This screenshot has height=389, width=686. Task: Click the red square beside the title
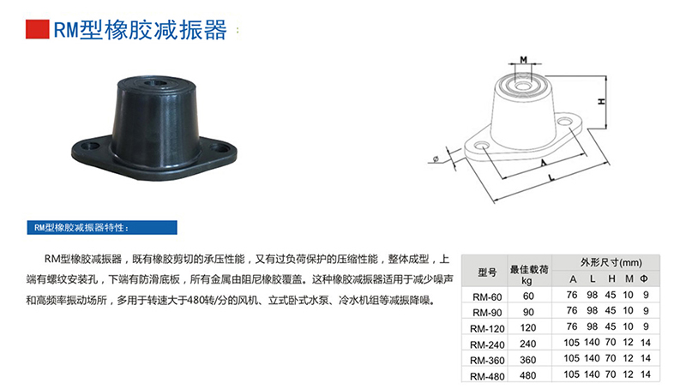pyautogui.click(x=37, y=31)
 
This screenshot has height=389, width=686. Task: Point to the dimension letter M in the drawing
pyautogui.click(x=523, y=60)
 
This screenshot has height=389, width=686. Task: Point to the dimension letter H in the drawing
pyautogui.click(x=602, y=101)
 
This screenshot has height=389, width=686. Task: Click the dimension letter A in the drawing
pyautogui.click(x=543, y=162)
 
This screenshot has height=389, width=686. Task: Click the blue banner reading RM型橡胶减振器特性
pyautogui.click(x=103, y=228)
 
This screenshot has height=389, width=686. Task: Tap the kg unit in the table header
pyautogui.click(x=527, y=280)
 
